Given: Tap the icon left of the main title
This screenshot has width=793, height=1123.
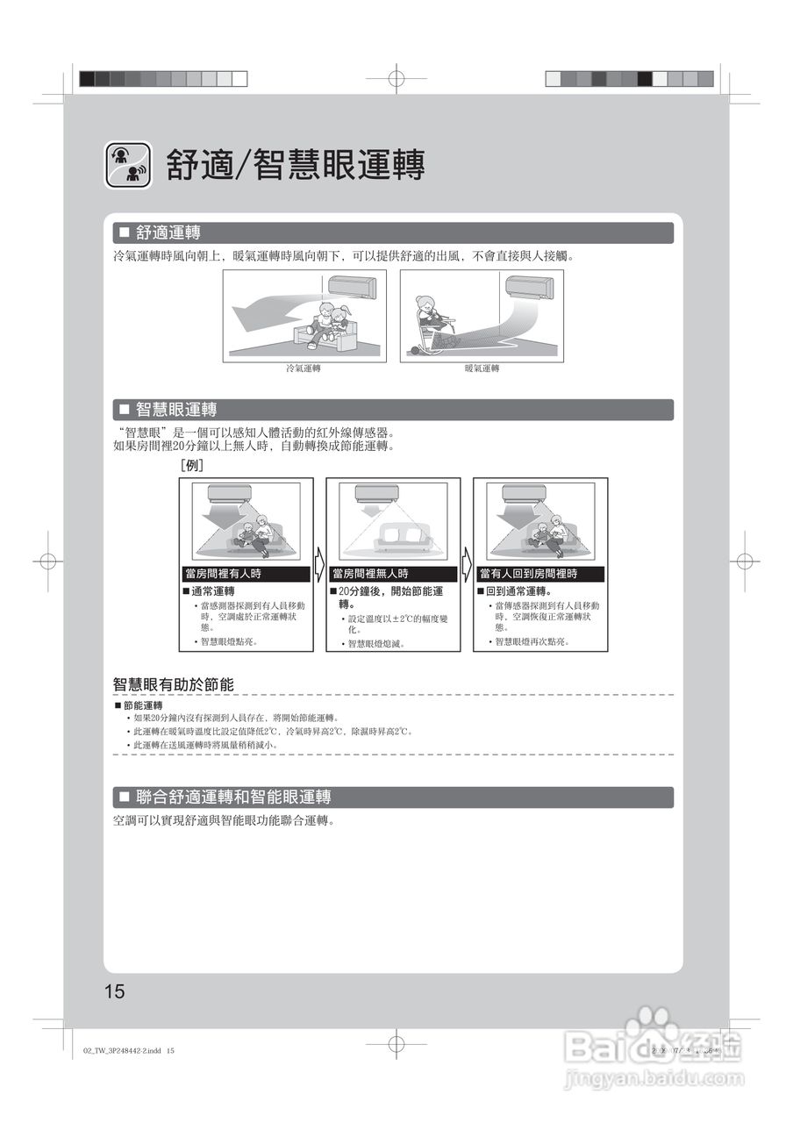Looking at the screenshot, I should [129, 164].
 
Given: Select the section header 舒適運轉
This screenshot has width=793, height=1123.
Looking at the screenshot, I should [167, 233].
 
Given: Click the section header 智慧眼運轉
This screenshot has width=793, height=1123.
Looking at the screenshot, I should [175, 410].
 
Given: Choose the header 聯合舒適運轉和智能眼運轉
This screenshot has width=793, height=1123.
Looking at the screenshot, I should [232, 798].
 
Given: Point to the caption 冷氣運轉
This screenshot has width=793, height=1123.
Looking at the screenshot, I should [304, 368].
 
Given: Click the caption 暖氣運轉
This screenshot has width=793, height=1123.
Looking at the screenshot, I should [482, 368].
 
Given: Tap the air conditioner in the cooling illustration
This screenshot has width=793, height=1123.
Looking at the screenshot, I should [352, 286].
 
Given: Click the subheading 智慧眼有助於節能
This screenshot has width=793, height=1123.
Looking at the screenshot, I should [173, 684].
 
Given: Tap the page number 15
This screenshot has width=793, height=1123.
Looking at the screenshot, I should [115, 992].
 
